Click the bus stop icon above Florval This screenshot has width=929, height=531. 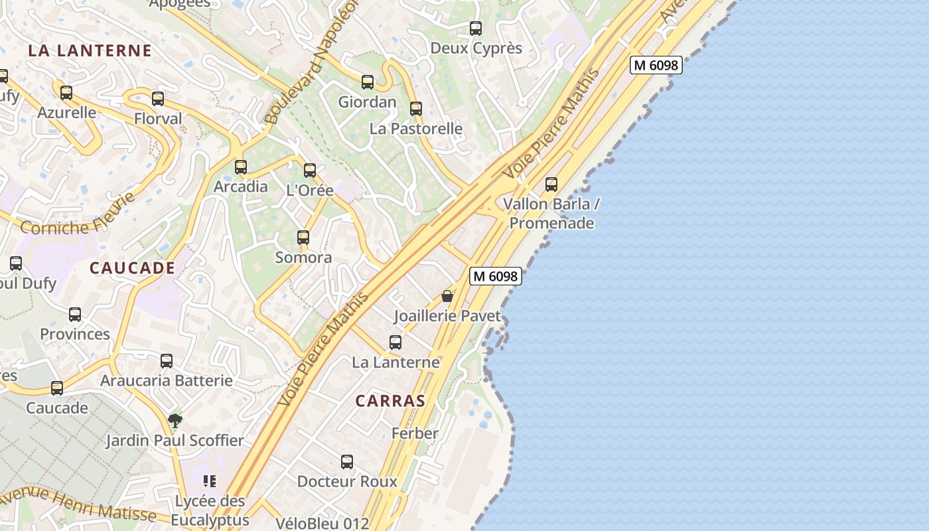click(x=158, y=99)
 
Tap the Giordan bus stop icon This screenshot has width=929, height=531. click(x=368, y=82)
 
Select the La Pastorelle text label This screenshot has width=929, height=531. click(x=416, y=128)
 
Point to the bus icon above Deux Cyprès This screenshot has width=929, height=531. click(x=476, y=29)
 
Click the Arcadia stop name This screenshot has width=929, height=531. click(x=241, y=187)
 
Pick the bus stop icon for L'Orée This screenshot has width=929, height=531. click(x=310, y=171)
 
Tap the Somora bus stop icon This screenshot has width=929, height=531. click(x=303, y=238)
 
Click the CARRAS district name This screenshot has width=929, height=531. click(x=390, y=401)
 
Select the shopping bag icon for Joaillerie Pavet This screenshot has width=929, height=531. click(x=447, y=296)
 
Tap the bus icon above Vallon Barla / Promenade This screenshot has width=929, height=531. click(x=551, y=185)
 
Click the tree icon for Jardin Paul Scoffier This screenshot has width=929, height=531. click(x=175, y=420)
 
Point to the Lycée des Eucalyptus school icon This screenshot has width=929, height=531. click(x=210, y=481)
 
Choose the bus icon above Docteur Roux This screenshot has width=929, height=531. click(x=347, y=462)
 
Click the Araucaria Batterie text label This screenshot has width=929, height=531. click(x=167, y=381)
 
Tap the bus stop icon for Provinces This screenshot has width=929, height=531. click(x=75, y=315)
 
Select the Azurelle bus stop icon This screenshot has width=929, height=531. click(x=66, y=93)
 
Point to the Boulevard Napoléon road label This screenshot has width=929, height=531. click(x=311, y=63)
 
